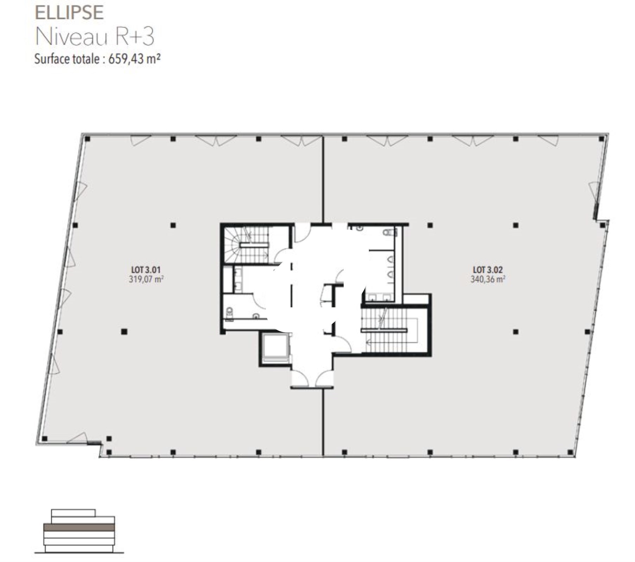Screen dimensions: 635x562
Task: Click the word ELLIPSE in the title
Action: [x=69, y=13]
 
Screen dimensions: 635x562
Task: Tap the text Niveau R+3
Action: [x=94, y=37]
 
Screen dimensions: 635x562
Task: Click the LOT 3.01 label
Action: [x=146, y=270]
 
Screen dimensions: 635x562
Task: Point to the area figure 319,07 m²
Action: [x=146, y=280]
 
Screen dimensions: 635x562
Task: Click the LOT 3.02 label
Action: [x=488, y=270]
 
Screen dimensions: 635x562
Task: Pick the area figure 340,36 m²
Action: [x=488, y=280]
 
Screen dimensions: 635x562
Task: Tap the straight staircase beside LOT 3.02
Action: [x=389, y=330]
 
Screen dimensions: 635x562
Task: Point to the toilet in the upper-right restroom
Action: [x=390, y=232]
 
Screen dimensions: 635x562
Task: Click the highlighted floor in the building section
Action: [x=79, y=528]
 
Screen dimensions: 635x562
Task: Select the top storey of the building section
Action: [x=73, y=513]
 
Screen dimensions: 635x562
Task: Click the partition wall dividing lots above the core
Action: [x=323, y=179]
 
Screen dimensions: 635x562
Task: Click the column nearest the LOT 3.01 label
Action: [x=173, y=226]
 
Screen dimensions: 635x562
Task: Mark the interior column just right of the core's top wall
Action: [x=430, y=226]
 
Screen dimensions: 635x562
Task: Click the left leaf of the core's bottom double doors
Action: [x=300, y=379]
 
